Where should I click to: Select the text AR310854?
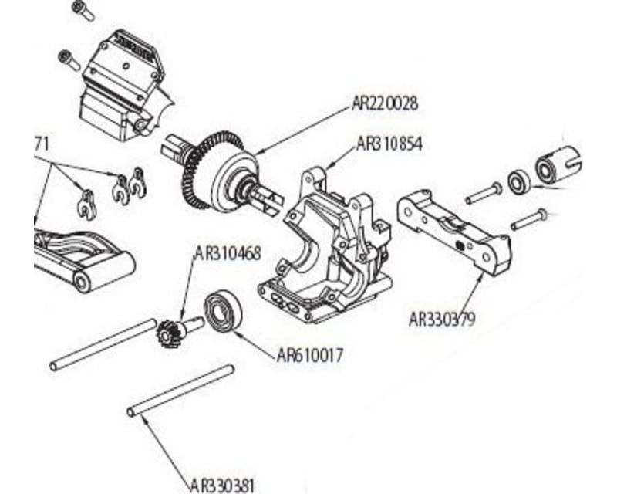pos(390,144)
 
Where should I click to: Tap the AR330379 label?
pos(442,317)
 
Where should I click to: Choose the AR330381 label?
pos(221,486)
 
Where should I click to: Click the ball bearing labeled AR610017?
pos(223,313)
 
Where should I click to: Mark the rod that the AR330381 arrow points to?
pos(180,391)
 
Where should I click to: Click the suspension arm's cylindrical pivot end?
pos(86,277)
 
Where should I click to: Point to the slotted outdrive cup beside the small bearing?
pos(559,163)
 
